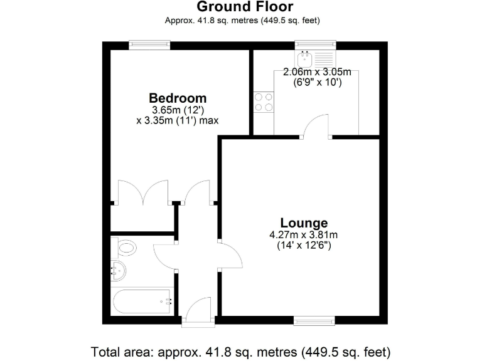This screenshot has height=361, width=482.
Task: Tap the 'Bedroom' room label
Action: [x=178, y=98]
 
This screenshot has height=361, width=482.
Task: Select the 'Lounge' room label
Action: [x=304, y=222]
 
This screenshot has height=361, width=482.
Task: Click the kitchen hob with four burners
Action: [x=264, y=102]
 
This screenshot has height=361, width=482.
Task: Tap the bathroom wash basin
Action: [x=118, y=271]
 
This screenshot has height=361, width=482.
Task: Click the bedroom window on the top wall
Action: [x=149, y=44]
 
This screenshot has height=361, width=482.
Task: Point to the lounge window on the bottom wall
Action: [x=315, y=321]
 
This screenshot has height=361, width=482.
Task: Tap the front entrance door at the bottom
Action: [x=200, y=310]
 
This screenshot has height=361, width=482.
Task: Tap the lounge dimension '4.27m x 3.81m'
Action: [x=304, y=235]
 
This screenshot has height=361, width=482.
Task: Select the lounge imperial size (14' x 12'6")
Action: [x=304, y=246]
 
